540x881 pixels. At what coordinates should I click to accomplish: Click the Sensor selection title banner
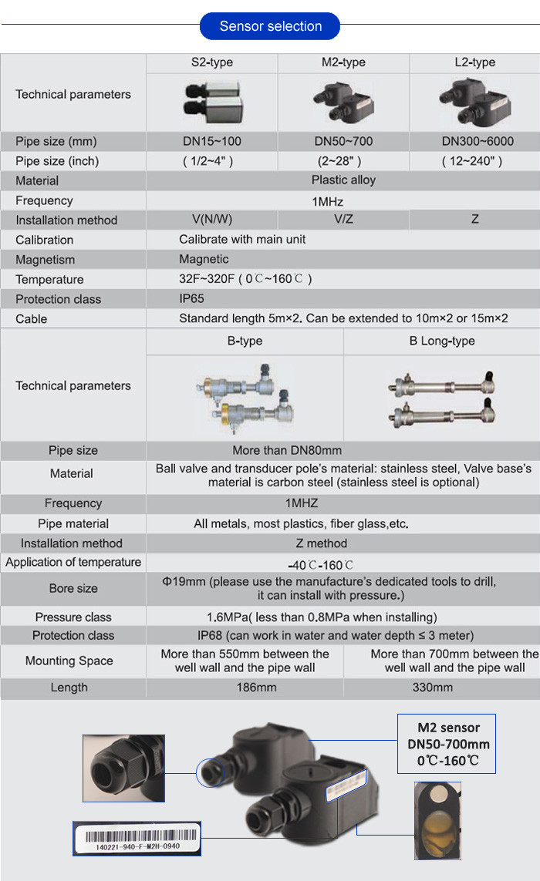pyautogui.click(x=270, y=26)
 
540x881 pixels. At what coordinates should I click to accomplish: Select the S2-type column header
pyautogui.click(x=211, y=62)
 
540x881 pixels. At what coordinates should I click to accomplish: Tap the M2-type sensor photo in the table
pyautogui.click(x=343, y=101)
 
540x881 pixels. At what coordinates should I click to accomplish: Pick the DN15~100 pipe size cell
pyautogui.click(x=211, y=142)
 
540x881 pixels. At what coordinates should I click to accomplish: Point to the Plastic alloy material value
pyautogui.click(x=343, y=180)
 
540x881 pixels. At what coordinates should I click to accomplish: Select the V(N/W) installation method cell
pyautogui.click(x=211, y=220)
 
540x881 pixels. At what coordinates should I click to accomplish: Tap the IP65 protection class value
pyautogui.click(x=193, y=299)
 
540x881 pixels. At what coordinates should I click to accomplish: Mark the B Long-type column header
pyautogui.click(x=442, y=341)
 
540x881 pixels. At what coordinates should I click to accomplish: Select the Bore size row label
pyautogui.click(x=73, y=589)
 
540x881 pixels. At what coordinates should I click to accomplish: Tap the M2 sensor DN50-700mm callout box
pyautogui.click(x=447, y=744)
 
